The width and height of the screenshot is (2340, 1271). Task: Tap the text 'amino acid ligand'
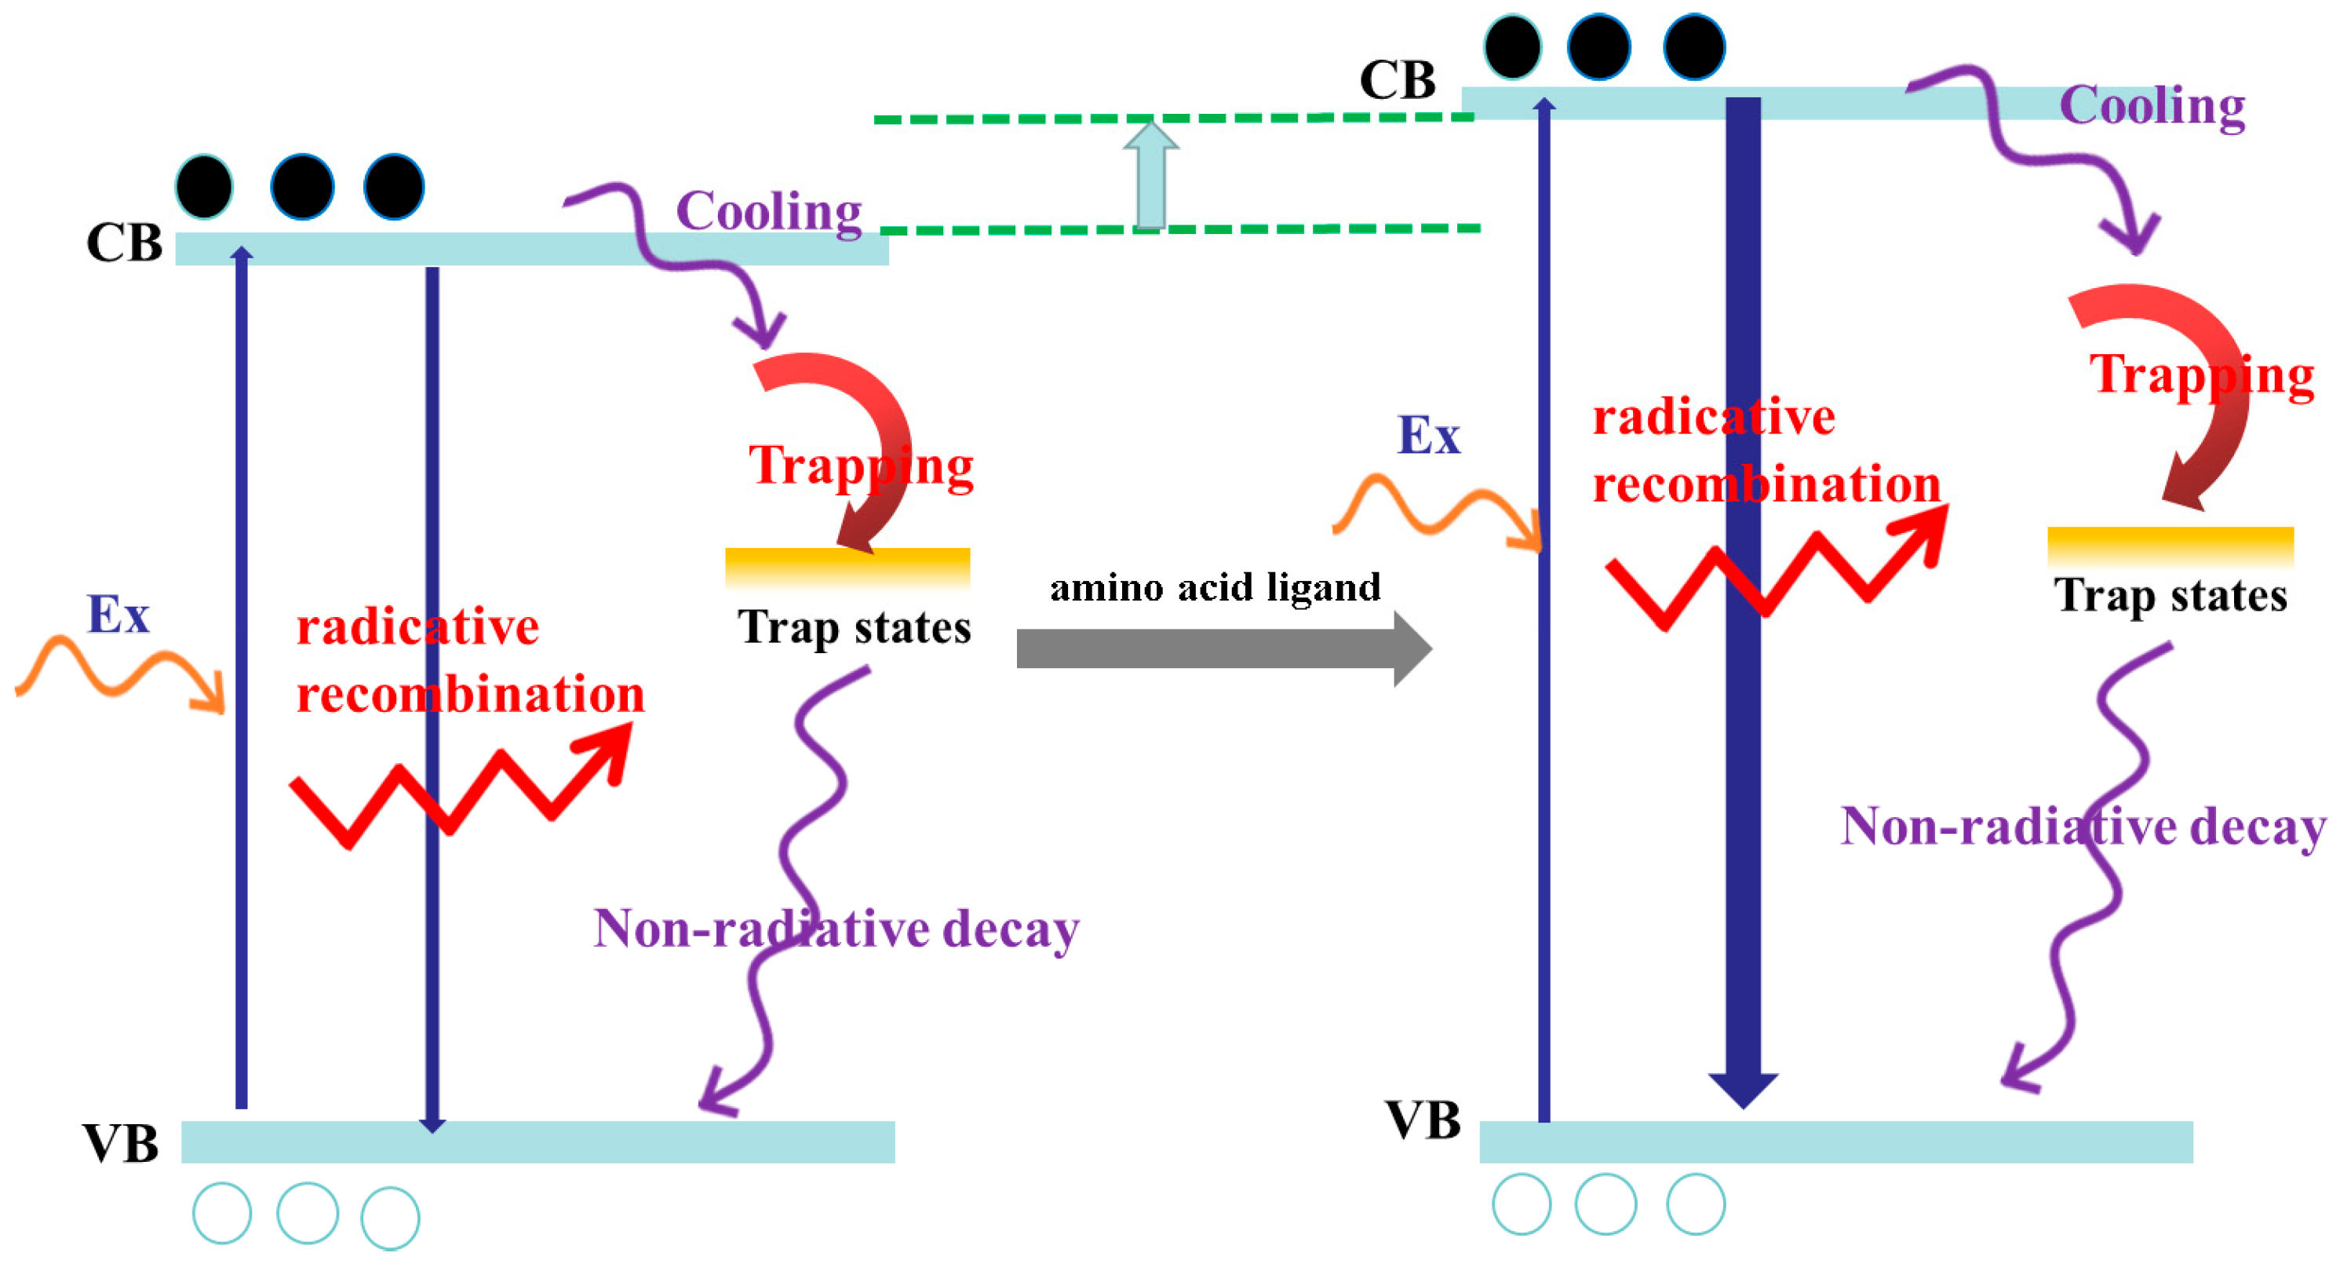click(1215, 588)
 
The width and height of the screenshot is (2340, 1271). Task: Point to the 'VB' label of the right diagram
click(1423, 1120)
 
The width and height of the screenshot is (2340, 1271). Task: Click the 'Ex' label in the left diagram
click(118, 615)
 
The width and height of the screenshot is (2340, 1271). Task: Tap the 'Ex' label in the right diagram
click(1428, 435)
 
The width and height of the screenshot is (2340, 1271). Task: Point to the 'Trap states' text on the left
click(854, 628)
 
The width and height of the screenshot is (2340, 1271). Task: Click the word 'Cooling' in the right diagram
click(2152, 105)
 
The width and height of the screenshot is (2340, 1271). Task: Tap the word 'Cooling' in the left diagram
click(768, 212)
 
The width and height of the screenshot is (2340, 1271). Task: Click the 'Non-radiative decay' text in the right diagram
click(2083, 827)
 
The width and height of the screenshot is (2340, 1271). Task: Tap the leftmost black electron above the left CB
click(204, 187)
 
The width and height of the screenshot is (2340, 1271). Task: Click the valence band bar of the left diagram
click(538, 1141)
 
